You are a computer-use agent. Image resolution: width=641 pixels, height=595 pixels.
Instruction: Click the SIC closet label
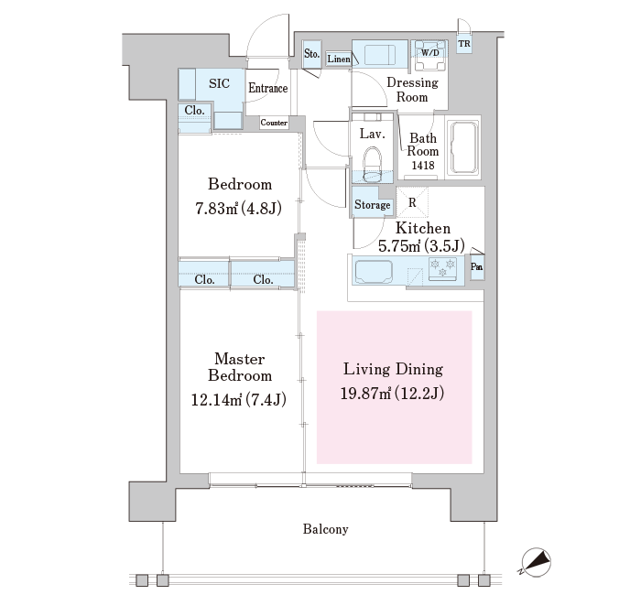pyautogui.click(x=219, y=83)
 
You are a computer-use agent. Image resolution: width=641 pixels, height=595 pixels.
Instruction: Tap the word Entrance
pyautogui.click(x=267, y=88)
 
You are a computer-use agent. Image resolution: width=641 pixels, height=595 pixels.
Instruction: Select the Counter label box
pyautogui.click(x=274, y=123)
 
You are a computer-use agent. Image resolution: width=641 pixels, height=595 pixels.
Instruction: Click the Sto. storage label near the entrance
pyautogui.click(x=311, y=53)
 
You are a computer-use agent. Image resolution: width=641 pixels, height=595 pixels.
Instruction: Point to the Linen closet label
pyautogui.click(x=339, y=59)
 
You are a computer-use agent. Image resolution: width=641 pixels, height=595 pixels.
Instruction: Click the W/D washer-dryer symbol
pyautogui.click(x=429, y=56)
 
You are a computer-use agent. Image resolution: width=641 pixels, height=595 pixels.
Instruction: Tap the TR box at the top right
pyautogui.click(x=464, y=44)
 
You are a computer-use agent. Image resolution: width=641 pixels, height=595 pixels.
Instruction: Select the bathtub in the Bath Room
pyautogui.click(x=463, y=147)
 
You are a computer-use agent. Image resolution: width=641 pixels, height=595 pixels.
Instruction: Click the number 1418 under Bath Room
pyautogui.click(x=423, y=165)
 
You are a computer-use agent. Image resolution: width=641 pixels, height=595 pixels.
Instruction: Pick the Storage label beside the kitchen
pyautogui.click(x=372, y=205)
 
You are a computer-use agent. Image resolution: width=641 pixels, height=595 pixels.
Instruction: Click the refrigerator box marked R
pyautogui.click(x=412, y=202)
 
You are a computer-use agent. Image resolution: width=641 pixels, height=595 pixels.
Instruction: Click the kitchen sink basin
pyautogui.click(x=374, y=272)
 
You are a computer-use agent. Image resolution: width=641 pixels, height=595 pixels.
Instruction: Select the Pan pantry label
pyautogui.click(x=477, y=267)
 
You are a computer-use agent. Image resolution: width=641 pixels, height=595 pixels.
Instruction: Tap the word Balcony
pyautogui.click(x=325, y=529)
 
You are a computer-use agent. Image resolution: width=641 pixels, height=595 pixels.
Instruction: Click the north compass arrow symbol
pyautogui.click(x=536, y=562)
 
